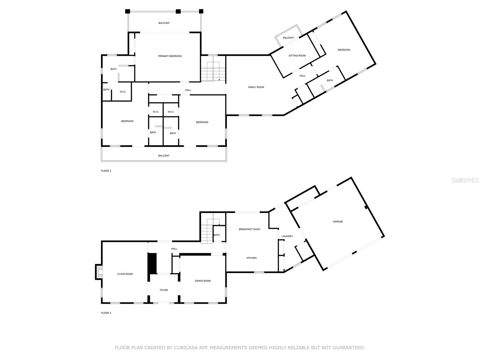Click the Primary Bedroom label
pyautogui.click(x=170, y=56)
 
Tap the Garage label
pyautogui.click(x=338, y=222)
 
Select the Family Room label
pyautogui.click(x=256, y=87)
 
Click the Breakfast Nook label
pyautogui.click(x=249, y=229)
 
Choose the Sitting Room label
pyautogui.click(x=297, y=56)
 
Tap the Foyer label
pyautogui.click(x=164, y=290)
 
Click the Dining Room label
pyautogui.click(x=203, y=281)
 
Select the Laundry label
pyautogui.click(x=287, y=236)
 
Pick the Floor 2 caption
pyautogui.click(x=106, y=171)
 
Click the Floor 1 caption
pyautogui.click(x=106, y=313)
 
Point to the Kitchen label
pyautogui.click(x=251, y=258)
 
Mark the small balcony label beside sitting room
pyautogui.click(x=289, y=38)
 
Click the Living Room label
pyautogui.click(x=125, y=274)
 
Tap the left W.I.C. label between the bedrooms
pyautogui.click(x=156, y=112)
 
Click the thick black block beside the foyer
pyautogui.click(x=153, y=263)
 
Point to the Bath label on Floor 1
pyautogui.click(x=217, y=235)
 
